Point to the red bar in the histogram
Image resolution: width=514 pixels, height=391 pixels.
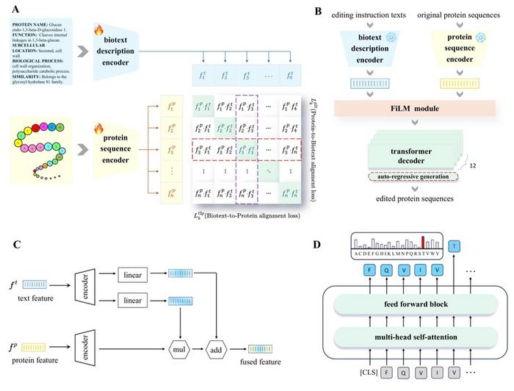pos(422,243)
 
